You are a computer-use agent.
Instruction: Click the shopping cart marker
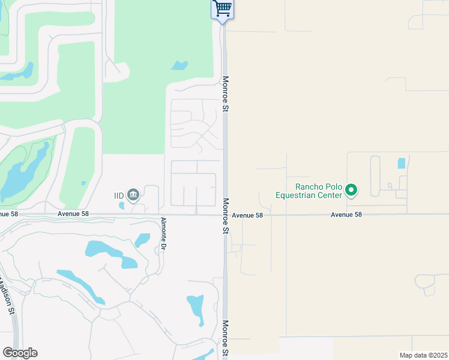[222, 9]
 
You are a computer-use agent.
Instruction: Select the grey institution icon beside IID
[133, 194]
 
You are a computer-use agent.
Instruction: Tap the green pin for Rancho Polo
[352, 191]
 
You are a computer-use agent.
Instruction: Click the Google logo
[20, 353]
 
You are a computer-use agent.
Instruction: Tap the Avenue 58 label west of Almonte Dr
[73, 214]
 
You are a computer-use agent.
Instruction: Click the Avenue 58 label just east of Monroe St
[247, 215]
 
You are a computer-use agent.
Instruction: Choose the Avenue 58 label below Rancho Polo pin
[346, 215]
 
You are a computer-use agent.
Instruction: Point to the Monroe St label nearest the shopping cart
[226, 94]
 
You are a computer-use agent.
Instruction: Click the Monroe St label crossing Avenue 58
[226, 215]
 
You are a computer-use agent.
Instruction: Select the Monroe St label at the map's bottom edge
[226, 339]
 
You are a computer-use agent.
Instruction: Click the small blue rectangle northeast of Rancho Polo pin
[401, 163]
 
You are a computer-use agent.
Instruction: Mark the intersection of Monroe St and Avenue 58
[225, 214]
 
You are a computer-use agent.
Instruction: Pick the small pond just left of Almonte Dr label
[142, 240]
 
